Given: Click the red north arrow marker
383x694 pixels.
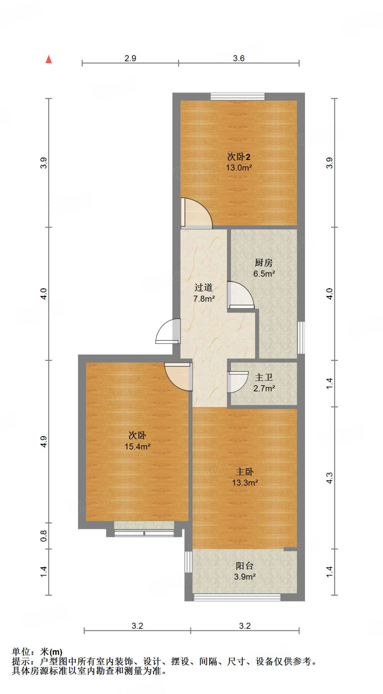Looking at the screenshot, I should tap(49, 59).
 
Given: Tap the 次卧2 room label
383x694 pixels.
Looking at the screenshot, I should tap(238, 157).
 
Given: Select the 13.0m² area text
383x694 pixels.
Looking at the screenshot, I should tap(239, 167).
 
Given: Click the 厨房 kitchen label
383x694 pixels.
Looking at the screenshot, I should tap(264, 263).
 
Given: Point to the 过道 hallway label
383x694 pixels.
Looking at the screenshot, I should tap(204, 288).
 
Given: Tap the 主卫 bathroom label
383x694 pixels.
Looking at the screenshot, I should tap(264, 377).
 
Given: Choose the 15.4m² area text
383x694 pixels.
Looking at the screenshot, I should tap(137, 447).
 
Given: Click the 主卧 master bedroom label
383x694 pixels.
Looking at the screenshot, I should tap(245, 472).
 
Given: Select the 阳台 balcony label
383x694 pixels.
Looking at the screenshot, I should tap(245, 566).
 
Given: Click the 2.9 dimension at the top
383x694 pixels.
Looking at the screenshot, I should tap(130, 58).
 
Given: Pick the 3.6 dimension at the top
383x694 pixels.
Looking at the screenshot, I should tap(238, 58).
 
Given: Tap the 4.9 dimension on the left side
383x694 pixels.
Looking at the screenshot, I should tap(44, 442).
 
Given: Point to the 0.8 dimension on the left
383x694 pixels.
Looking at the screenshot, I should tap(44, 536).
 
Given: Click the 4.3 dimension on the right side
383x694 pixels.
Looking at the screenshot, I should tap(329, 478).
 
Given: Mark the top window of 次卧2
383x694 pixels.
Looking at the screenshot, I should tap(237, 97).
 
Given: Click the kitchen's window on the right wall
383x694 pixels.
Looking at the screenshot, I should tap(301, 338).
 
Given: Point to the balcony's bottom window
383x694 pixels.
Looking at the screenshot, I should tap(237, 597).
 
